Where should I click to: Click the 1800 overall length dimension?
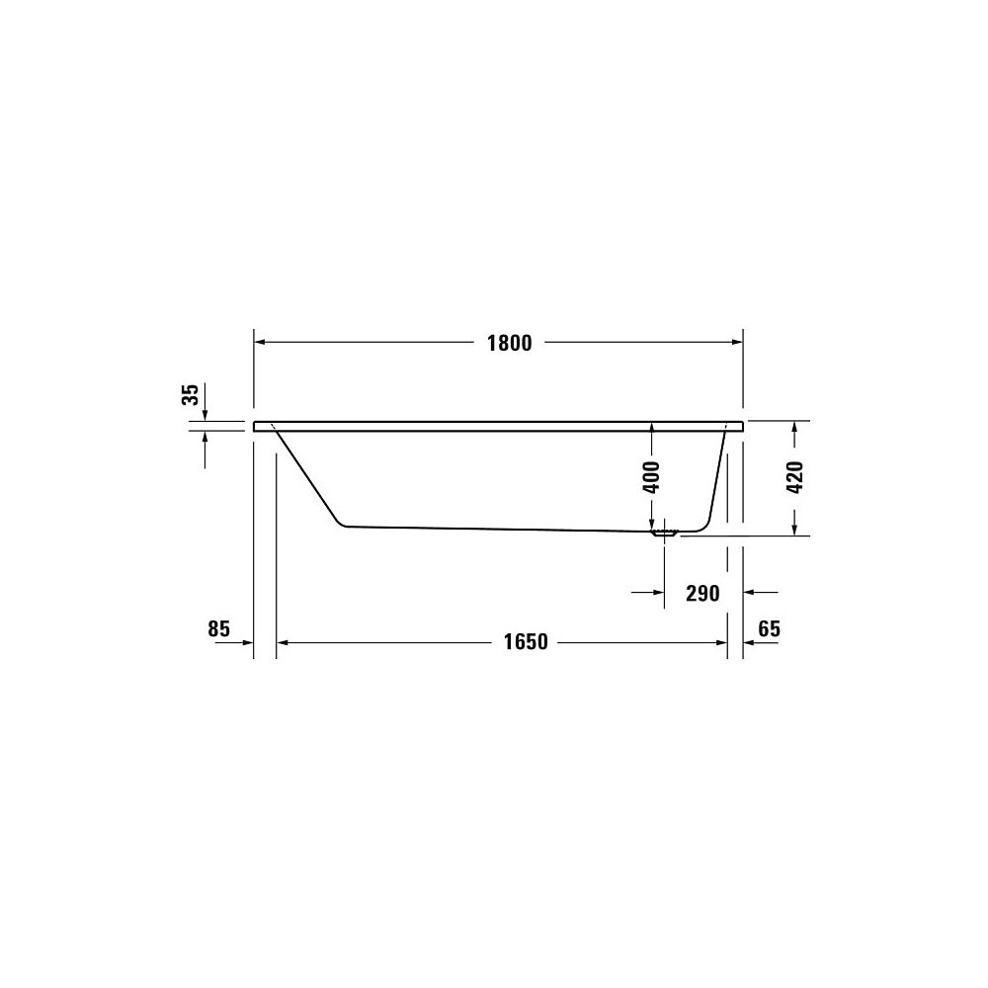[x=509, y=344]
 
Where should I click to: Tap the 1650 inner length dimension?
[x=526, y=642]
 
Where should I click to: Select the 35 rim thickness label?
[x=191, y=394]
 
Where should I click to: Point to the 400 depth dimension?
[x=653, y=477]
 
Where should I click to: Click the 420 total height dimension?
[x=795, y=477]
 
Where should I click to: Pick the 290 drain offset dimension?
[x=702, y=594]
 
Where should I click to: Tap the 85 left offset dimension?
[x=218, y=628]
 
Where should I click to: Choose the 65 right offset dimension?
[x=770, y=628]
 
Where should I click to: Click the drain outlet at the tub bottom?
[x=665, y=534]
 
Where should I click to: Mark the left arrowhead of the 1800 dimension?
[x=259, y=342]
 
